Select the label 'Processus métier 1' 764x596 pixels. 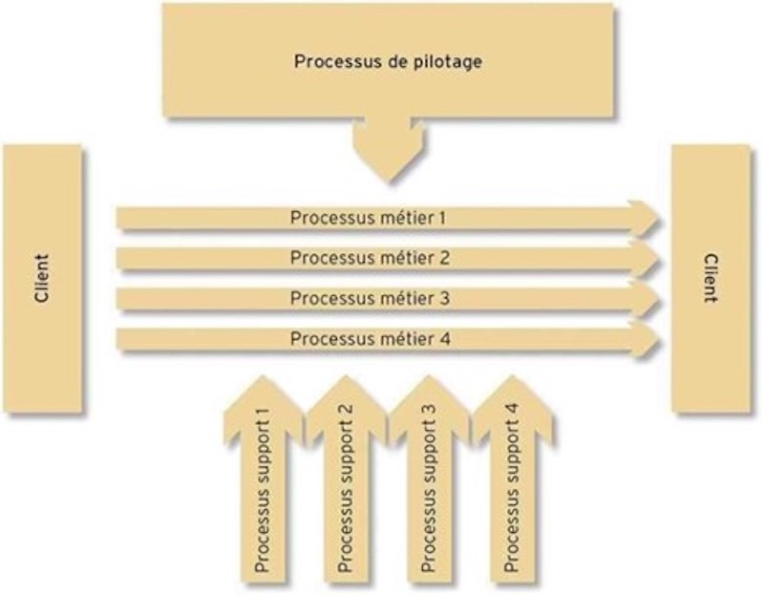click(x=368, y=217)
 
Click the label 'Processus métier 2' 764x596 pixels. click(x=368, y=258)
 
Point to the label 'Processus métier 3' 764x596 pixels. click(x=368, y=298)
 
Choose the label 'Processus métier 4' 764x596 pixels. click(x=368, y=338)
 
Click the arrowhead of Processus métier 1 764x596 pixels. click(x=647, y=218)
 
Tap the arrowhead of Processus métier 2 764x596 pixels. click(x=647, y=259)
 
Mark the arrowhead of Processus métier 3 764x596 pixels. click(x=647, y=299)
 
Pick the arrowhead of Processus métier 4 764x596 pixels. click(x=647, y=339)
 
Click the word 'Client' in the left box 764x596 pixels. click(x=42, y=279)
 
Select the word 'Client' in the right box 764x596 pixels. click(x=711, y=279)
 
